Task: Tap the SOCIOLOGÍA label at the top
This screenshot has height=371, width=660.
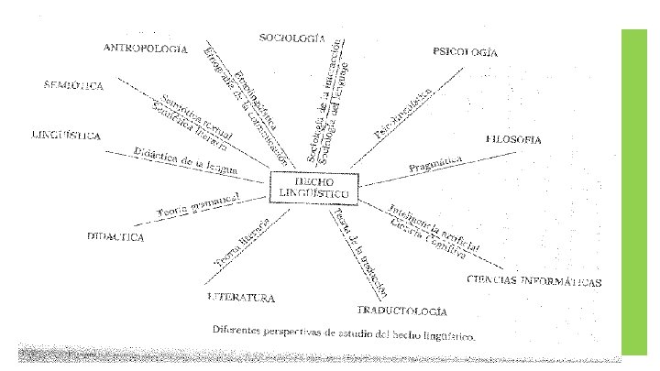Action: (292, 38)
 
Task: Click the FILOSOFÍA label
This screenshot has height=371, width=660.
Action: (513, 140)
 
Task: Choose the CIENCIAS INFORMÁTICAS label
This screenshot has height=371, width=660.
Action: (533, 280)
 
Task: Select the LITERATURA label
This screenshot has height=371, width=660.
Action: (242, 298)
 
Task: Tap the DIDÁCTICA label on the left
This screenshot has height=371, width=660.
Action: (116, 236)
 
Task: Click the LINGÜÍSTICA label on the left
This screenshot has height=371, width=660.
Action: (66, 136)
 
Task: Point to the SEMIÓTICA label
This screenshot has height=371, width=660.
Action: (73, 85)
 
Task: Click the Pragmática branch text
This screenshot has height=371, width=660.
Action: (437, 166)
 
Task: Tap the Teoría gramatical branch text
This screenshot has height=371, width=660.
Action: (198, 206)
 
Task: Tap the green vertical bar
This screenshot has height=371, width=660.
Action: (634, 191)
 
